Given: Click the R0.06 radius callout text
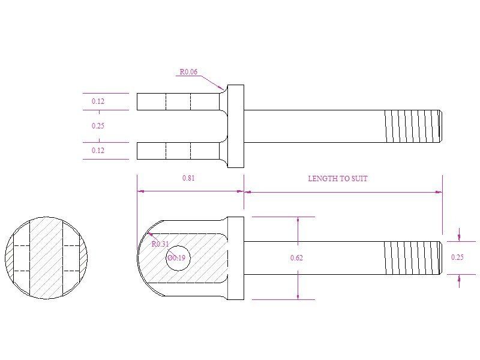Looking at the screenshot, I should [188, 72].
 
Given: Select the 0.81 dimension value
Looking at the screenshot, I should [188, 178].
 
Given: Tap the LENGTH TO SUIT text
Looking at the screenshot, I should [338, 178].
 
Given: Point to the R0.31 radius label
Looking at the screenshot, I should [160, 244].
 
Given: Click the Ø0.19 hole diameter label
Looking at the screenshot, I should [176, 257].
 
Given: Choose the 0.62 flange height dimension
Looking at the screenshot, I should [296, 258].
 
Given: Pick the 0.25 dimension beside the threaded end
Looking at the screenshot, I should [457, 257].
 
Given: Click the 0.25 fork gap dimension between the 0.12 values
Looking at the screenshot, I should [98, 126].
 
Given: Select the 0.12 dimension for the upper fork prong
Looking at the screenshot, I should [98, 101].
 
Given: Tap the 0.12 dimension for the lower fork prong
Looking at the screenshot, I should [98, 151].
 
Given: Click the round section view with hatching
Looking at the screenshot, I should [46, 258].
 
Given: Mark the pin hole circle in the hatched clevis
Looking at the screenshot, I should [178, 258].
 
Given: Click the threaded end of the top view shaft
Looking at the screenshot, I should [413, 126].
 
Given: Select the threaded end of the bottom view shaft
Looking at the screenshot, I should [413, 258].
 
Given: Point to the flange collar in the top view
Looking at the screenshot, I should [236, 126].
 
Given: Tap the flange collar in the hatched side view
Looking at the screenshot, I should [236, 258].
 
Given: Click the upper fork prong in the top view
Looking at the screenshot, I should [177, 101].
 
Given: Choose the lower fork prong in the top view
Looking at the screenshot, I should [177, 151].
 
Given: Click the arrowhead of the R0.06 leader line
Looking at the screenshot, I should [223, 89].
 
